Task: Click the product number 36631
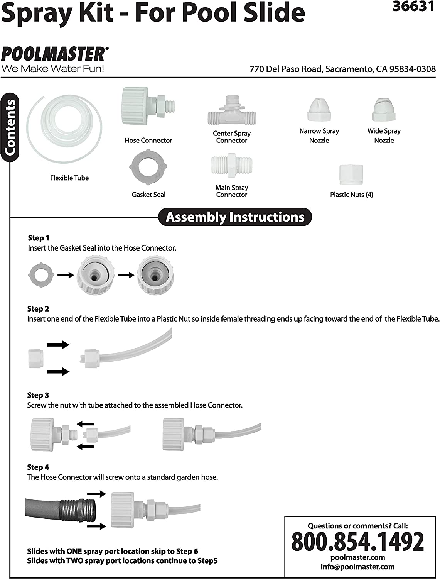413,7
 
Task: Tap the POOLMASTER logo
53,54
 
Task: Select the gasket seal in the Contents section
148,168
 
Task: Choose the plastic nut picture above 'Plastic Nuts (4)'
351,174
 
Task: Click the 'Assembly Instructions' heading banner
235,217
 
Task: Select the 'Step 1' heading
39,238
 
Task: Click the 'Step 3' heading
38,395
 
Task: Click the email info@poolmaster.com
357,567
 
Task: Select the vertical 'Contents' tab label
10,127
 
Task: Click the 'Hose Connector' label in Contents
148,141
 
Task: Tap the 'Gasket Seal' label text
148,195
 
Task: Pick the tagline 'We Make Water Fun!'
53,69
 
